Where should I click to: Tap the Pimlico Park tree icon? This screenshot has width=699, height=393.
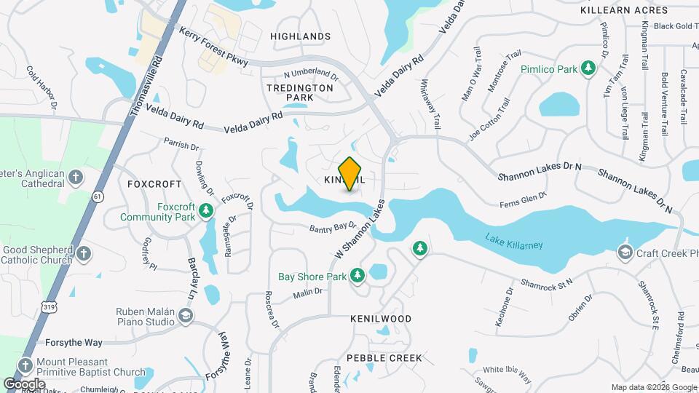[588, 69]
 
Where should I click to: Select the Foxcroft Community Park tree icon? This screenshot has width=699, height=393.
[207, 211]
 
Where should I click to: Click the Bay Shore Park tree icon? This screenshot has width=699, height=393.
[357, 276]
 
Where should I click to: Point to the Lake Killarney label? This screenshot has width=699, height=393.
[514, 241]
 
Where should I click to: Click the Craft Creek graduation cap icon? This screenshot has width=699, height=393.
[625, 253]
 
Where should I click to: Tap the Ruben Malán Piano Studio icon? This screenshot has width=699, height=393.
[186, 315]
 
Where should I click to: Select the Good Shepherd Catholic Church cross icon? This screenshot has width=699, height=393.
[84, 253]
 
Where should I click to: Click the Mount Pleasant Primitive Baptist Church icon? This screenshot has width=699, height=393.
[25, 365]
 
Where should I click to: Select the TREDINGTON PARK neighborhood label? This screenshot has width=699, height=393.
[299, 92]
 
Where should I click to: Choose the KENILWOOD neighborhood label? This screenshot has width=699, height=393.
[380, 319]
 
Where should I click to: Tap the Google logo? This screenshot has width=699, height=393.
[24, 384]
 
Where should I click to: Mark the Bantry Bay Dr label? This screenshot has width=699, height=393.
[331, 228]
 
